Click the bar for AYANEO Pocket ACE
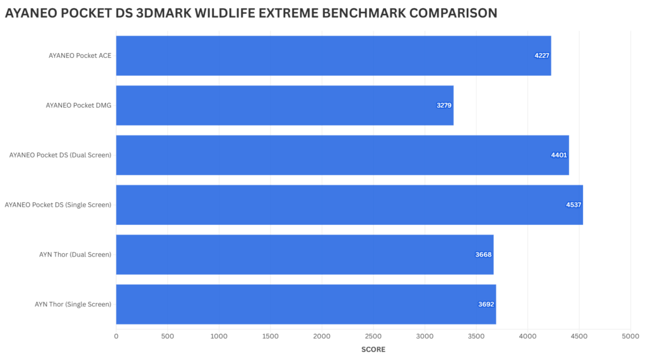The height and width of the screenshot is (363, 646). [333, 55]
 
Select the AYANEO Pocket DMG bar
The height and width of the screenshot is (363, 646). [285, 105]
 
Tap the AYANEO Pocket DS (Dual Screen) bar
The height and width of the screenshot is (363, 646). [342, 155]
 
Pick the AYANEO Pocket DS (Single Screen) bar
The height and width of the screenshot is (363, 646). [349, 205]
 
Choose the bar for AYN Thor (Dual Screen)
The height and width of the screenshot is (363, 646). [304, 255]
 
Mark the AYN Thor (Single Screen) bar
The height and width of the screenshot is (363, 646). [305, 304]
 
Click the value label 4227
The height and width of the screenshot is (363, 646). [542, 56]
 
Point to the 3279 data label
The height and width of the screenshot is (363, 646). [444, 105]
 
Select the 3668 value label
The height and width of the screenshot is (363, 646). [484, 255]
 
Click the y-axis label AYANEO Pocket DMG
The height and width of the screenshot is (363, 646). [78, 105]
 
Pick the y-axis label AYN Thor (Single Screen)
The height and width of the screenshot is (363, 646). [73, 304]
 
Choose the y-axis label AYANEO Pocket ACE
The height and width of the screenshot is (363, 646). [79, 55]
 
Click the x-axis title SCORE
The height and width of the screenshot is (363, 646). [373, 349]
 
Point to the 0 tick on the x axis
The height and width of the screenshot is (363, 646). [116, 336]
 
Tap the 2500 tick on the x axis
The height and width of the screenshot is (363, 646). [373, 336]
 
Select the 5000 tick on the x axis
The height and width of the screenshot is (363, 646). [630, 336]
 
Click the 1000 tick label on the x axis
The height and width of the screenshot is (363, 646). [219, 336]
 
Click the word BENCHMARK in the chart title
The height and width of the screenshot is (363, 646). [357, 13]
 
